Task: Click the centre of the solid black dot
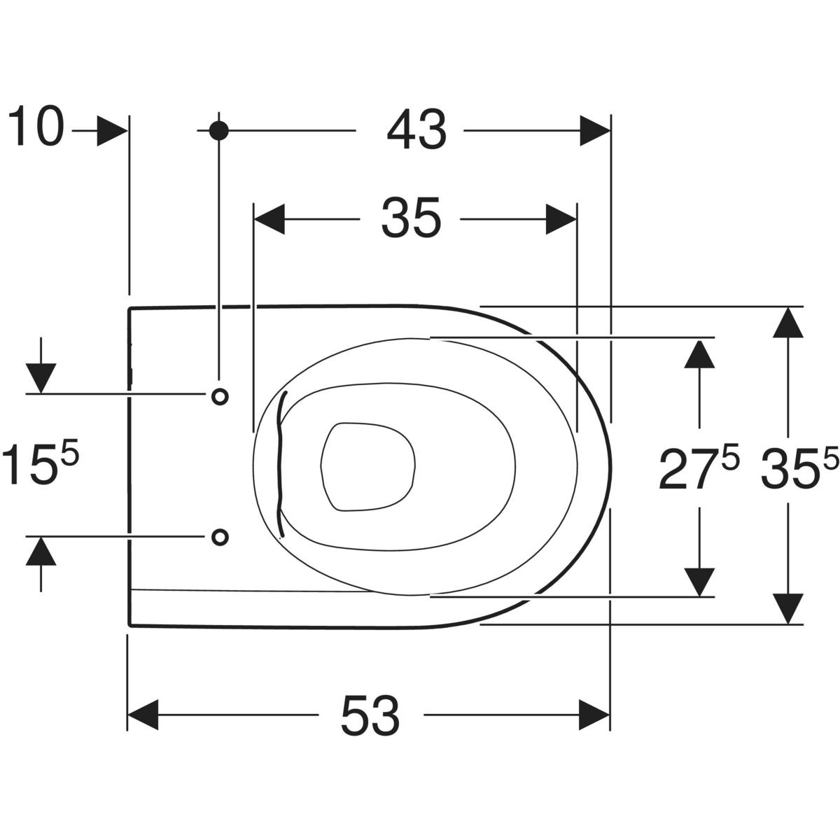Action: (x=219, y=130)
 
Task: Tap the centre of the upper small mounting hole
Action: (x=220, y=397)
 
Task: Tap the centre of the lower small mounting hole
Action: (x=220, y=537)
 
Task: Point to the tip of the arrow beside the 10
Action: (x=127, y=131)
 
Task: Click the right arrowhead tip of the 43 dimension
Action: (x=610, y=131)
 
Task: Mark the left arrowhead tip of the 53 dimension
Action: (x=127, y=715)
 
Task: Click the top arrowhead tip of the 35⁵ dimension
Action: (x=788, y=308)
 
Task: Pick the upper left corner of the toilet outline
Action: (x=129, y=309)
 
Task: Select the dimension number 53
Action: (x=370, y=716)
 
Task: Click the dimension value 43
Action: (x=416, y=129)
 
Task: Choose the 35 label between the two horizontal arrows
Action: (x=411, y=218)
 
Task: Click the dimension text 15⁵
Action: (x=40, y=463)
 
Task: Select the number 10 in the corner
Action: (x=36, y=126)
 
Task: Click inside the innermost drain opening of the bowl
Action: (x=368, y=466)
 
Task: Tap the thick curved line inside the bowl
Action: (x=281, y=464)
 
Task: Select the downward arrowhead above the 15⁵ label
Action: (x=41, y=378)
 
